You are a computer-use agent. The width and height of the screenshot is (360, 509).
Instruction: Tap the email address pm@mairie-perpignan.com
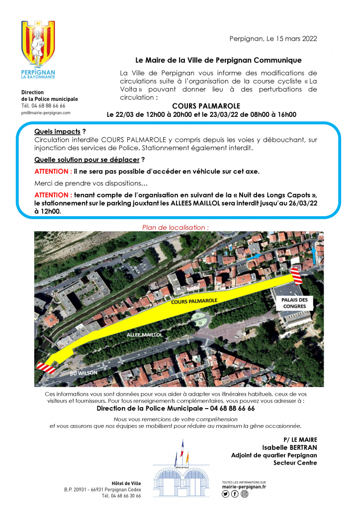pos(46,113)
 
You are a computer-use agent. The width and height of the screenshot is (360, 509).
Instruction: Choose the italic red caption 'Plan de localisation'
pos(175,227)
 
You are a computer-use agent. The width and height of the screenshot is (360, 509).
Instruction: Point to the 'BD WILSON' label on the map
pos(83,372)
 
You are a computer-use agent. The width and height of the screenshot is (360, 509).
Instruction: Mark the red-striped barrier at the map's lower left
pos(45,367)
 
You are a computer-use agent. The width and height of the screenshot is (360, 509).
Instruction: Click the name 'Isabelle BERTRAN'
pos(289,447)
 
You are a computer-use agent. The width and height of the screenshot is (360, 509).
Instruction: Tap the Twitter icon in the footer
pos(226,494)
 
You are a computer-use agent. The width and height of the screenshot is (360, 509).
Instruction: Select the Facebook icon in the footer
pos(235,494)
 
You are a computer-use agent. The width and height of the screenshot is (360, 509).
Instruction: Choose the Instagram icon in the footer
pos(244,494)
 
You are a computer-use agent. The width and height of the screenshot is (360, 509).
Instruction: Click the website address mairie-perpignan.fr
pos(244,487)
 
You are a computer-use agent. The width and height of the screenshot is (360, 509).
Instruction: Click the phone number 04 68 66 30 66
pos(121,496)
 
